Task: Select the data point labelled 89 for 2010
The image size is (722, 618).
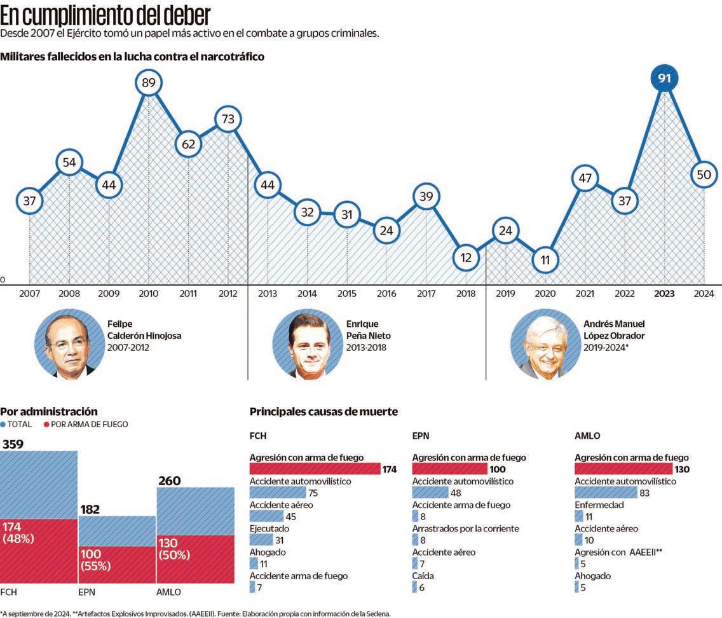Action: tap(148, 83)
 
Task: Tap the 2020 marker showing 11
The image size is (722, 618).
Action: tap(545, 259)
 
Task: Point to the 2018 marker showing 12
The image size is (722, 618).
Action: tap(466, 257)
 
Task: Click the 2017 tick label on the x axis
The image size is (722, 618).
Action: tap(426, 294)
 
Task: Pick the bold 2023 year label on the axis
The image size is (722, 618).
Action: tap(665, 294)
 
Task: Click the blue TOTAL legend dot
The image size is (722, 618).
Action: tap(4, 424)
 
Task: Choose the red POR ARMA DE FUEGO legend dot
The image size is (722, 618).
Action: tap(46, 424)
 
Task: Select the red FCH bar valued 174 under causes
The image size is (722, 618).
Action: tap(315, 469)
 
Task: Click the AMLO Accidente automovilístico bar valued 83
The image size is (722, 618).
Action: tap(606, 493)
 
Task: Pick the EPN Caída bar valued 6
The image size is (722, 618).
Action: tap(414, 587)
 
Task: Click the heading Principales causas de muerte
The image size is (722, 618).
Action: tap(324, 412)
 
